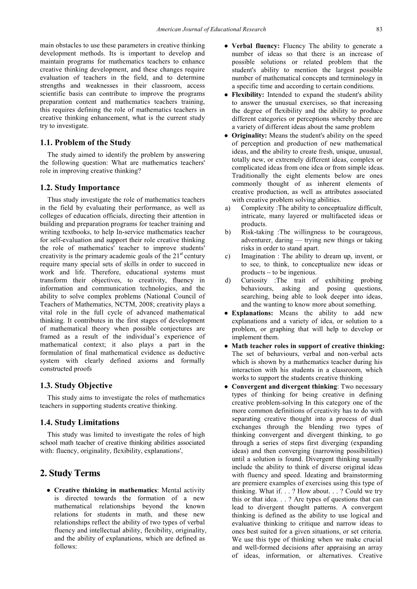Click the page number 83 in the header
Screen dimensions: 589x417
click(x=379, y=29)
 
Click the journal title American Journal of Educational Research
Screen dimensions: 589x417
click(x=211, y=29)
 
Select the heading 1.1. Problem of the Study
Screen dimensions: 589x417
click(x=85, y=143)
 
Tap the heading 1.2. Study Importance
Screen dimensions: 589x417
click(x=80, y=188)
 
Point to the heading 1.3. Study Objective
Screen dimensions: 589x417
click(x=76, y=386)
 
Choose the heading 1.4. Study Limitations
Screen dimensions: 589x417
click(x=79, y=423)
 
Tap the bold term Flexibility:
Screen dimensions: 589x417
click(x=248, y=95)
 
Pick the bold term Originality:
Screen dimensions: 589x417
click(x=249, y=135)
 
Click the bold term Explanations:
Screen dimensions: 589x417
click(x=252, y=313)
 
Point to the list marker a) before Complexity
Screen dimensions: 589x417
click(x=227, y=208)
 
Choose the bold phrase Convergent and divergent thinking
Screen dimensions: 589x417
click(x=284, y=387)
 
